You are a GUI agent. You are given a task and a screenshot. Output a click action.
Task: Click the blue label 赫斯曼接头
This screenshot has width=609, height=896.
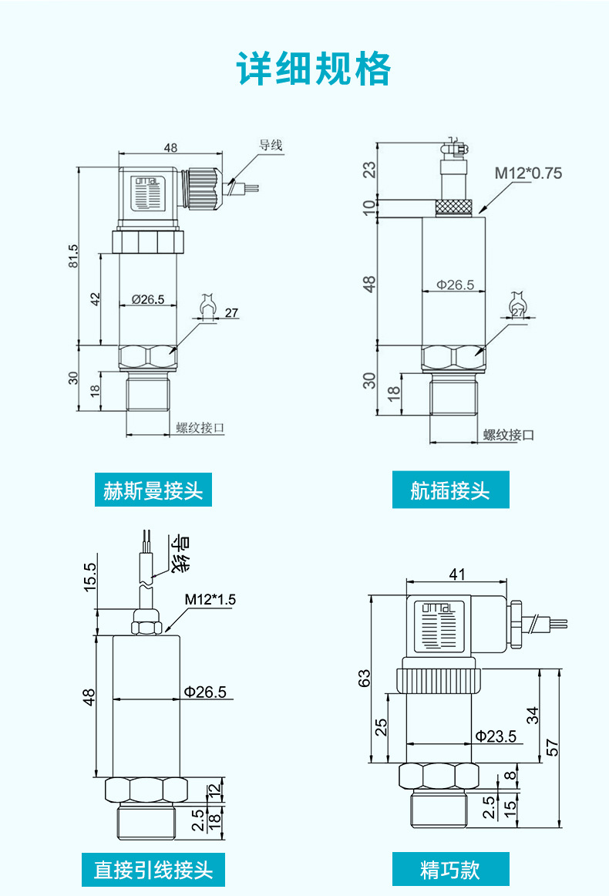pyautogui.click(x=153, y=490)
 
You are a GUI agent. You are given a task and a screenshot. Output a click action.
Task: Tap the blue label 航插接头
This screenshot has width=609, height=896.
pyautogui.click(x=450, y=490)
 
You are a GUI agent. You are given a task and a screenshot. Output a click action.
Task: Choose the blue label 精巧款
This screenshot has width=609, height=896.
pyautogui.click(x=450, y=870)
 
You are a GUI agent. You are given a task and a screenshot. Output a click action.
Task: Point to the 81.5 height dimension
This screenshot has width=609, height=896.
pyautogui.click(x=74, y=256)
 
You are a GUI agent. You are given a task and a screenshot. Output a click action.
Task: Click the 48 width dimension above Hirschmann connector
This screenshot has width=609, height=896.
pyautogui.click(x=170, y=148)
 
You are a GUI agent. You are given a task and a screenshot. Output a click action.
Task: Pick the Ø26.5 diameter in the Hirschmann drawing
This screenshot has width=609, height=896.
pyautogui.click(x=147, y=299)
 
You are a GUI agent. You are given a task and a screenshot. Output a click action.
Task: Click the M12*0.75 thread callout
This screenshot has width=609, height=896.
pyautogui.click(x=528, y=173)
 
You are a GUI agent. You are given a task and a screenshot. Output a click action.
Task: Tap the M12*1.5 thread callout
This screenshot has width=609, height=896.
pyautogui.click(x=210, y=600)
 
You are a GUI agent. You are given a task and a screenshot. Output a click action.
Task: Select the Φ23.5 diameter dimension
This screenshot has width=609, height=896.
pyautogui.click(x=496, y=736)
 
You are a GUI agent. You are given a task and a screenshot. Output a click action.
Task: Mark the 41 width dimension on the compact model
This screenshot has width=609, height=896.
pyautogui.click(x=457, y=574)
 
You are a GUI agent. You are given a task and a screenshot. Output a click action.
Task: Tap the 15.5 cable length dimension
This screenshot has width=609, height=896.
pyautogui.click(x=89, y=578)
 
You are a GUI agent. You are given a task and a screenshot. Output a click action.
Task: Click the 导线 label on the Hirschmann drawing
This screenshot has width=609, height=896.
pyautogui.click(x=271, y=145)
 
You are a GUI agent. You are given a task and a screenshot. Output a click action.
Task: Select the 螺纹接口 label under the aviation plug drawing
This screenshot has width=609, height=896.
pyautogui.click(x=509, y=435)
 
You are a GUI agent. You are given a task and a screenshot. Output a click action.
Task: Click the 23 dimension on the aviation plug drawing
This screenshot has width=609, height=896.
pyautogui.click(x=370, y=169)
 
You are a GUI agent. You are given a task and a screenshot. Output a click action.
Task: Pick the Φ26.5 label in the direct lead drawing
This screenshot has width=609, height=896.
pyautogui.click(x=205, y=692)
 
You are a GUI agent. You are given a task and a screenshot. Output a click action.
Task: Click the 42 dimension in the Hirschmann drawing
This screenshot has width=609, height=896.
pyautogui.click(x=96, y=299)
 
